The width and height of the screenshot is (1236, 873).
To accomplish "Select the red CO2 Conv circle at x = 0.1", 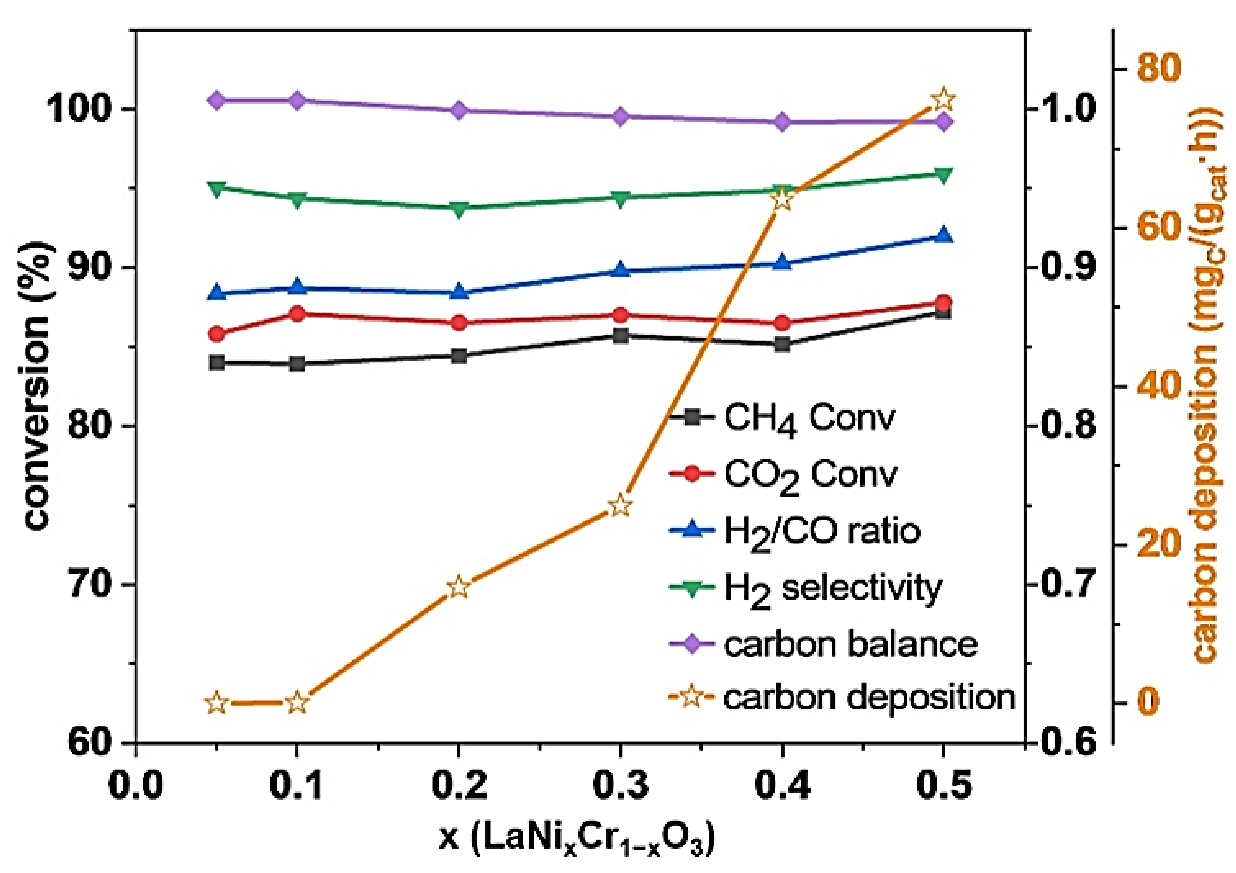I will [297, 313].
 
